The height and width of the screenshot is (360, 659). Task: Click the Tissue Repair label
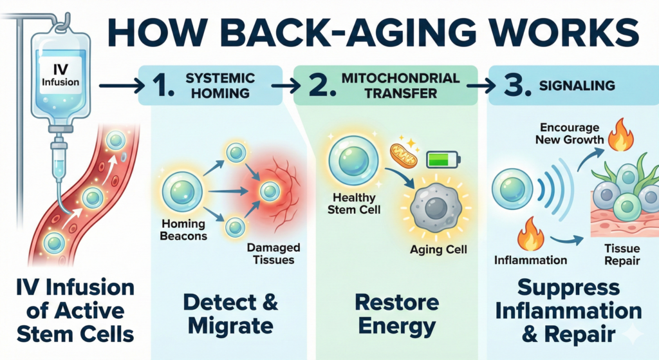(x=621, y=254)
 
